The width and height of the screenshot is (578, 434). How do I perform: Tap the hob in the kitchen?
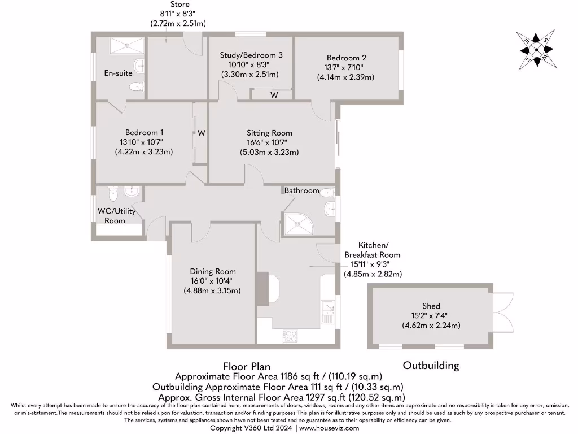coord(291,336)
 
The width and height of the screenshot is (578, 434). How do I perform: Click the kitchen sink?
coord(327,313)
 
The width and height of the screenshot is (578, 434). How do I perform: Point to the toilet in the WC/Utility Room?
coord(113,195)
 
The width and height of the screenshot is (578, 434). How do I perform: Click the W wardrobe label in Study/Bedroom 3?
coord(274,96)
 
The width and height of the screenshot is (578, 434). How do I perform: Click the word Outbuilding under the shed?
coord(431,366)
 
